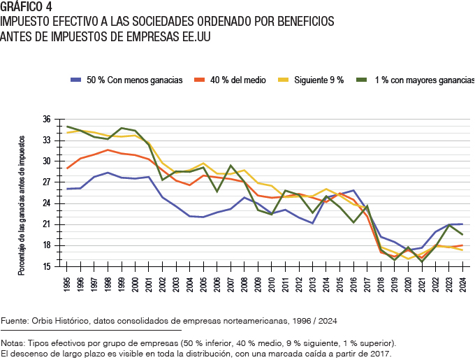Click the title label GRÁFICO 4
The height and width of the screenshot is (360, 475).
coord(27,8)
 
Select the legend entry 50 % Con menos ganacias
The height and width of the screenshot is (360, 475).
coord(135,80)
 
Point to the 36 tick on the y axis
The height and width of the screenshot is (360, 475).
coord(47,120)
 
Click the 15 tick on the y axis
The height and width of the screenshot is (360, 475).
coord(47,266)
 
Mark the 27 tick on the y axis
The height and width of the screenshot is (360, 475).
coord(47,182)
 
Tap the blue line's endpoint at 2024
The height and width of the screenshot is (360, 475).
coord(461,224)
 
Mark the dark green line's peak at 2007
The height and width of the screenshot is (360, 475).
coord(231,166)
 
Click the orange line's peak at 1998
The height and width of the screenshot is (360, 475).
coord(108,150)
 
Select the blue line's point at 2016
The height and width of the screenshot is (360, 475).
coord(353,190)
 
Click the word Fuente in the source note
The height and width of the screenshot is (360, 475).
coord(16,321)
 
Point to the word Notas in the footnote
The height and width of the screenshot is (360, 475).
coord(14,343)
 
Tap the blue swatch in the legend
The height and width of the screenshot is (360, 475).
coord(76,80)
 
